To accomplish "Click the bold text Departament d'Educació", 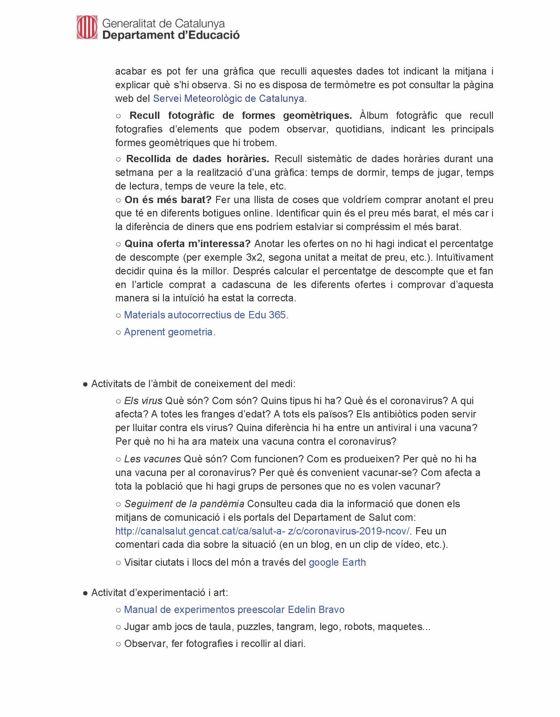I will [171, 35].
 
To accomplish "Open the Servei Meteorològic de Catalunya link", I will [230, 99].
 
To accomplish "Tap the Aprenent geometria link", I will [170, 332].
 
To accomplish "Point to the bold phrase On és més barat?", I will [168, 199].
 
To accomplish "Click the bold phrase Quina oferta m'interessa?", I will [187, 243].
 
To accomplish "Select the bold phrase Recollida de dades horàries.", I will [198, 159].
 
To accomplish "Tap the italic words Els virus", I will [143, 401].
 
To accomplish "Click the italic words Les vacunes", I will [152, 459].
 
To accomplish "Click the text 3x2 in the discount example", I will [254, 257].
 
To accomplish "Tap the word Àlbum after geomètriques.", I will [374, 116].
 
